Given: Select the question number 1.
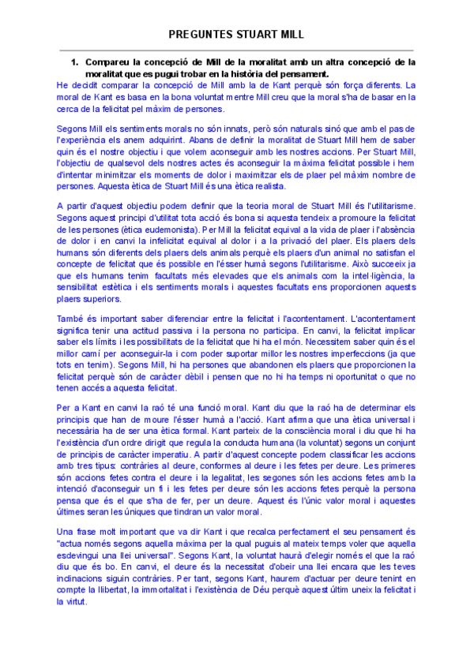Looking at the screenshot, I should (x=74, y=62).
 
